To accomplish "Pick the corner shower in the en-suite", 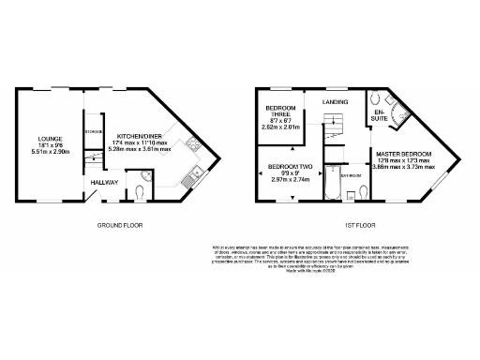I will (400, 117).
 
